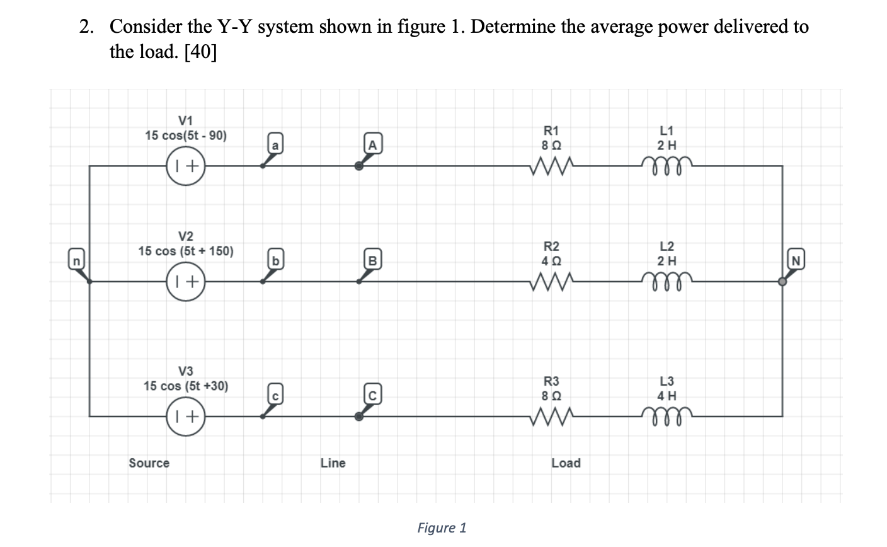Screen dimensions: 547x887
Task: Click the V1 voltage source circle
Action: tap(186, 166)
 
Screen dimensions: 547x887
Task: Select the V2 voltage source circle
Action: tap(186, 282)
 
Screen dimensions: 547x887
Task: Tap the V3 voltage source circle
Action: tap(186, 416)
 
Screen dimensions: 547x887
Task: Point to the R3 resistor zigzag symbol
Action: tap(551, 416)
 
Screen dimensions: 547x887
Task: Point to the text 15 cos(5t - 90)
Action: tap(186, 135)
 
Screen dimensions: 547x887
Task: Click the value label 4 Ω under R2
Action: tap(551, 260)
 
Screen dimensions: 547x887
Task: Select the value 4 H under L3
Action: tap(667, 396)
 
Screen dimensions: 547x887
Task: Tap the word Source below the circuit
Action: tap(149, 463)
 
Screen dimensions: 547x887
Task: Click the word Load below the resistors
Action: tap(566, 463)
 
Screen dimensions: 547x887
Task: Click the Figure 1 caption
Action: tap(442, 527)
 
